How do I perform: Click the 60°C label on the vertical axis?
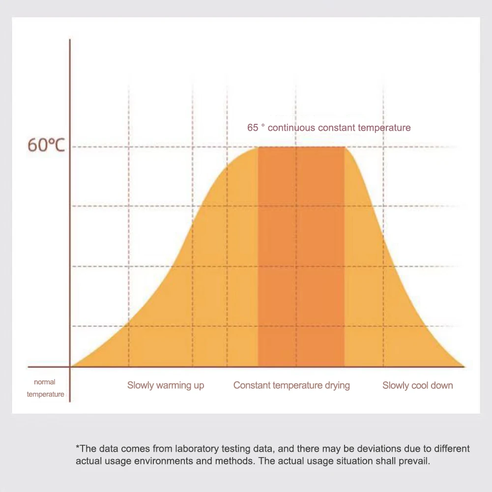(x=46, y=146)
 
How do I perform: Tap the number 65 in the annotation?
(x=253, y=128)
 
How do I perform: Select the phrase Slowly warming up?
(x=166, y=385)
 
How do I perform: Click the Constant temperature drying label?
(x=291, y=385)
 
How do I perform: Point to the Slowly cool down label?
(x=417, y=385)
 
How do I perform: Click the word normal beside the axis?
(x=45, y=382)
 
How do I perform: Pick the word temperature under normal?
(x=45, y=394)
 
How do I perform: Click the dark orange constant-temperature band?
(x=301, y=256)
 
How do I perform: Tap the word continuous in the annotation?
(x=291, y=128)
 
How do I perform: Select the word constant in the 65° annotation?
(x=337, y=128)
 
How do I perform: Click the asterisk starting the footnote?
(x=78, y=448)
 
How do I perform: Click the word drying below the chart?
(x=337, y=385)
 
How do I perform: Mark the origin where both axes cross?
(x=70, y=367)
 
